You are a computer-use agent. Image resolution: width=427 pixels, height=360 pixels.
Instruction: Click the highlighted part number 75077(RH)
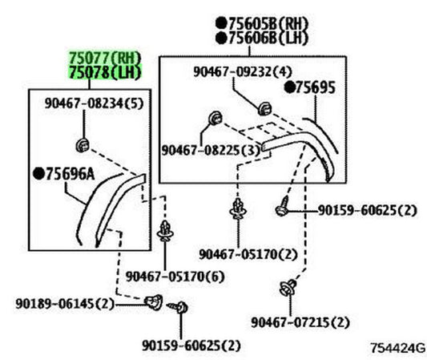[105, 58]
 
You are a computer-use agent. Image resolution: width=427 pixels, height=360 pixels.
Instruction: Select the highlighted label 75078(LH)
[105, 72]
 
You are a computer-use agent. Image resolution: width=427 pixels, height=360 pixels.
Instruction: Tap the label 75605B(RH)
[268, 24]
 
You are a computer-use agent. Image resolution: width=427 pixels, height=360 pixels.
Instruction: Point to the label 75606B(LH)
[268, 38]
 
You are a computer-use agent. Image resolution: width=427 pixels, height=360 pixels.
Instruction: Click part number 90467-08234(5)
[94, 103]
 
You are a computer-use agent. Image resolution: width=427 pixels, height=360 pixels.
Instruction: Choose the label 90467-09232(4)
[243, 71]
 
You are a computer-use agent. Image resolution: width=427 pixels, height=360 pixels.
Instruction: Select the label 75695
[315, 87]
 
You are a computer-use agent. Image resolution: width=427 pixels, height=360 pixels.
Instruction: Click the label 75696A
[70, 174]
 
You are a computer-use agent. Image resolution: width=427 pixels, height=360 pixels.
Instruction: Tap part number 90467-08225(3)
[211, 150]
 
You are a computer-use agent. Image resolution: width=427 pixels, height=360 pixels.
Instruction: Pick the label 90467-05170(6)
[175, 277]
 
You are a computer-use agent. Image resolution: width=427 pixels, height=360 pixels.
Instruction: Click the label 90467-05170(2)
[248, 254]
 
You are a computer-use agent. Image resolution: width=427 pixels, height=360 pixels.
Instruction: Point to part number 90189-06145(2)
[65, 304]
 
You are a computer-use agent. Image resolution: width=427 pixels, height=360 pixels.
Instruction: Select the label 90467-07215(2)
[300, 322]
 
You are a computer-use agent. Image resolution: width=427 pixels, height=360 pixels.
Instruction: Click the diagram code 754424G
[397, 348]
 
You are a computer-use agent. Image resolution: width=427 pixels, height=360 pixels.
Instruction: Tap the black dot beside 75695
[289, 87]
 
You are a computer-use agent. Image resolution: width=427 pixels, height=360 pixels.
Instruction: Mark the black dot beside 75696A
[38, 174]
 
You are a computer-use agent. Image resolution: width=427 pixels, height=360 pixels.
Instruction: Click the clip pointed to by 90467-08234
[83, 145]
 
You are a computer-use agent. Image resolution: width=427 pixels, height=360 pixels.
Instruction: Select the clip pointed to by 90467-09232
[264, 108]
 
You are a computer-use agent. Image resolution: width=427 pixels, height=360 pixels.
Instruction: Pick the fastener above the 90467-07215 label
[288, 288]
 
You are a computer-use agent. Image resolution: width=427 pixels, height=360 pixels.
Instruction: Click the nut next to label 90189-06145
[154, 302]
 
